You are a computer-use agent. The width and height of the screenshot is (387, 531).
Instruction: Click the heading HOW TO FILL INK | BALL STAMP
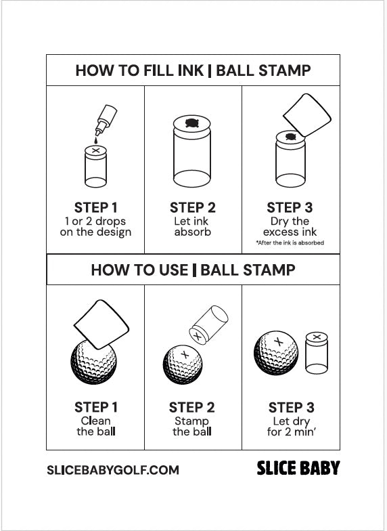coord(193,70)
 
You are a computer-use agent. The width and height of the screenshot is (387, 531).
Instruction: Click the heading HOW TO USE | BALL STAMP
coord(193,270)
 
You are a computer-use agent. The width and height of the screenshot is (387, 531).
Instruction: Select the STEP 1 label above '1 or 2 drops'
coord(95,207)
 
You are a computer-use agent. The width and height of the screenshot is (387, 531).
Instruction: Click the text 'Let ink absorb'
coord(192,226)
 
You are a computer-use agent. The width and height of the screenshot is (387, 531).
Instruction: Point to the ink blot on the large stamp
coord(192,123)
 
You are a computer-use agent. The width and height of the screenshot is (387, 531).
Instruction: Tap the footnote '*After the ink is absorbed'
coord(290,242)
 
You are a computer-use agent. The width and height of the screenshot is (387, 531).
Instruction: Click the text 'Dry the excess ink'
coord(290,226)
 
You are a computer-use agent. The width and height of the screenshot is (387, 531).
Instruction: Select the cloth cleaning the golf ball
coord(101,324)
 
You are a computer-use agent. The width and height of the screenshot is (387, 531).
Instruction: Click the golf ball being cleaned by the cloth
coord(93,362)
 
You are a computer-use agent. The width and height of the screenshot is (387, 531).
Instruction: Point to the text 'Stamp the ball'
coord(191,426)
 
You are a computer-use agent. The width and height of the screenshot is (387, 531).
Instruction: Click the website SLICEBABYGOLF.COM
coord(113,469)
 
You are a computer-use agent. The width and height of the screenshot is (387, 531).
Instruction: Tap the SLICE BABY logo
coord(298,468)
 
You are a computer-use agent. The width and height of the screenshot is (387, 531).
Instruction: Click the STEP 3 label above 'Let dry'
coord(291,407)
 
